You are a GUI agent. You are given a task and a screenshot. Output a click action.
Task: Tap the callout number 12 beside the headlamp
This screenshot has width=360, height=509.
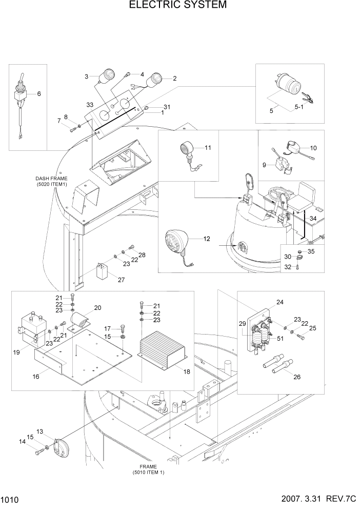pos(207,239)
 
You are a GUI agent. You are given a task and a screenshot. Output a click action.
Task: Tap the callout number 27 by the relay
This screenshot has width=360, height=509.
pos(122,280)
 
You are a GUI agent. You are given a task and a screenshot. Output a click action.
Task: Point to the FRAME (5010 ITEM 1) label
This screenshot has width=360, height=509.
pos(148,469)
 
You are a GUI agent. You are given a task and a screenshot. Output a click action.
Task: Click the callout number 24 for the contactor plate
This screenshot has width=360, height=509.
pos(279,303)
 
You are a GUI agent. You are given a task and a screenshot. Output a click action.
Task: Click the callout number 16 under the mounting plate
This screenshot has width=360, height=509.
pos(36,376)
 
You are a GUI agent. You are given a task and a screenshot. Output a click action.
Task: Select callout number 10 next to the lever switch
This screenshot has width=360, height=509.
pos(313,148)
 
